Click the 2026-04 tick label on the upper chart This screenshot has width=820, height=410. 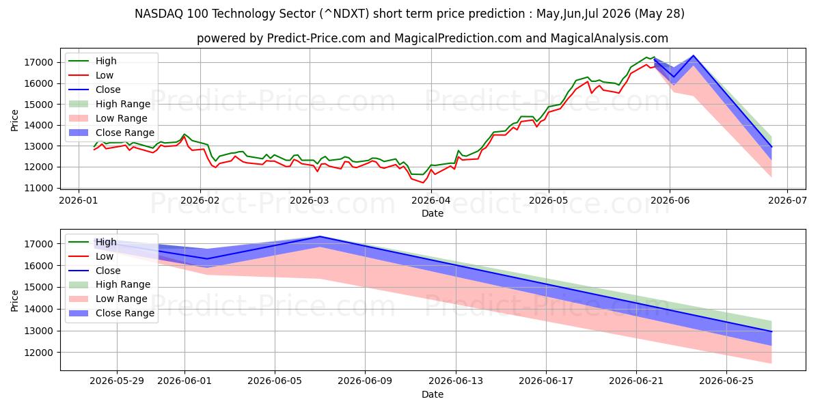point(431,201)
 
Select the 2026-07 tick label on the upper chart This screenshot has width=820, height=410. point(787,201)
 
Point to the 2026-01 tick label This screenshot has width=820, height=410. point(79,201)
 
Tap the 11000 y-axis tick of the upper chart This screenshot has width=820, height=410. point(38,188)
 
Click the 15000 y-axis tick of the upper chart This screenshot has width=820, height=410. point(38,105)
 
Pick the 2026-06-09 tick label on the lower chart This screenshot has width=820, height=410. point(365,381)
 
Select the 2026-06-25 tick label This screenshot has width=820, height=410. point(726,381)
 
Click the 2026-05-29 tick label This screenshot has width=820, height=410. point(117,381)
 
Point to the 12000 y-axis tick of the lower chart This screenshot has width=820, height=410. point(38,353)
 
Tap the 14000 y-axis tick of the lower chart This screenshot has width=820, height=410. point(38,310)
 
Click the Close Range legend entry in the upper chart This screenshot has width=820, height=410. point(111,133)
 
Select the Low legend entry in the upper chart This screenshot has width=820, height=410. point(91,75)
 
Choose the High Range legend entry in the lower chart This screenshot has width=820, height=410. point(109,284)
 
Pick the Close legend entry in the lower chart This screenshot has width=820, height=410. point(94,271)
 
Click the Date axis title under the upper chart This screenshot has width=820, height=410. point(433,213)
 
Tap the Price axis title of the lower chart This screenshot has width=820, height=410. point(14,301)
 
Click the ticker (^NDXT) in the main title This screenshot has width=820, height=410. point(344,14)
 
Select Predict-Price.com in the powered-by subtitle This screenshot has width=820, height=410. point(316,38)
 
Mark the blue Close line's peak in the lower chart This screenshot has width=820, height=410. point(320,236)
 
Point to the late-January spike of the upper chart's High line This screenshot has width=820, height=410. point(184,135)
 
